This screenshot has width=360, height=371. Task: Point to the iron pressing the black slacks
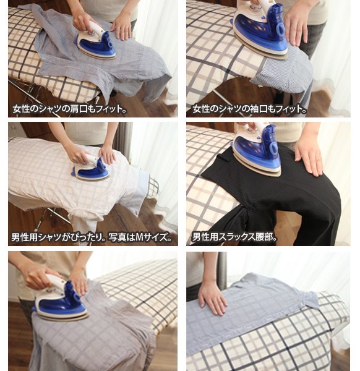pos(257,150)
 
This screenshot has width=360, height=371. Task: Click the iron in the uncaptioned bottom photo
pos(61,301)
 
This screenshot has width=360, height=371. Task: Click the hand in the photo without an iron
pos(212,297)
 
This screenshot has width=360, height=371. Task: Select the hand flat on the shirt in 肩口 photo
pos(121,28)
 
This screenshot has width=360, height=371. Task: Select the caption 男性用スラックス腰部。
pos(234,237)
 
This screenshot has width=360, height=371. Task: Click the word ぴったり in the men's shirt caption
pos(87,237)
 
